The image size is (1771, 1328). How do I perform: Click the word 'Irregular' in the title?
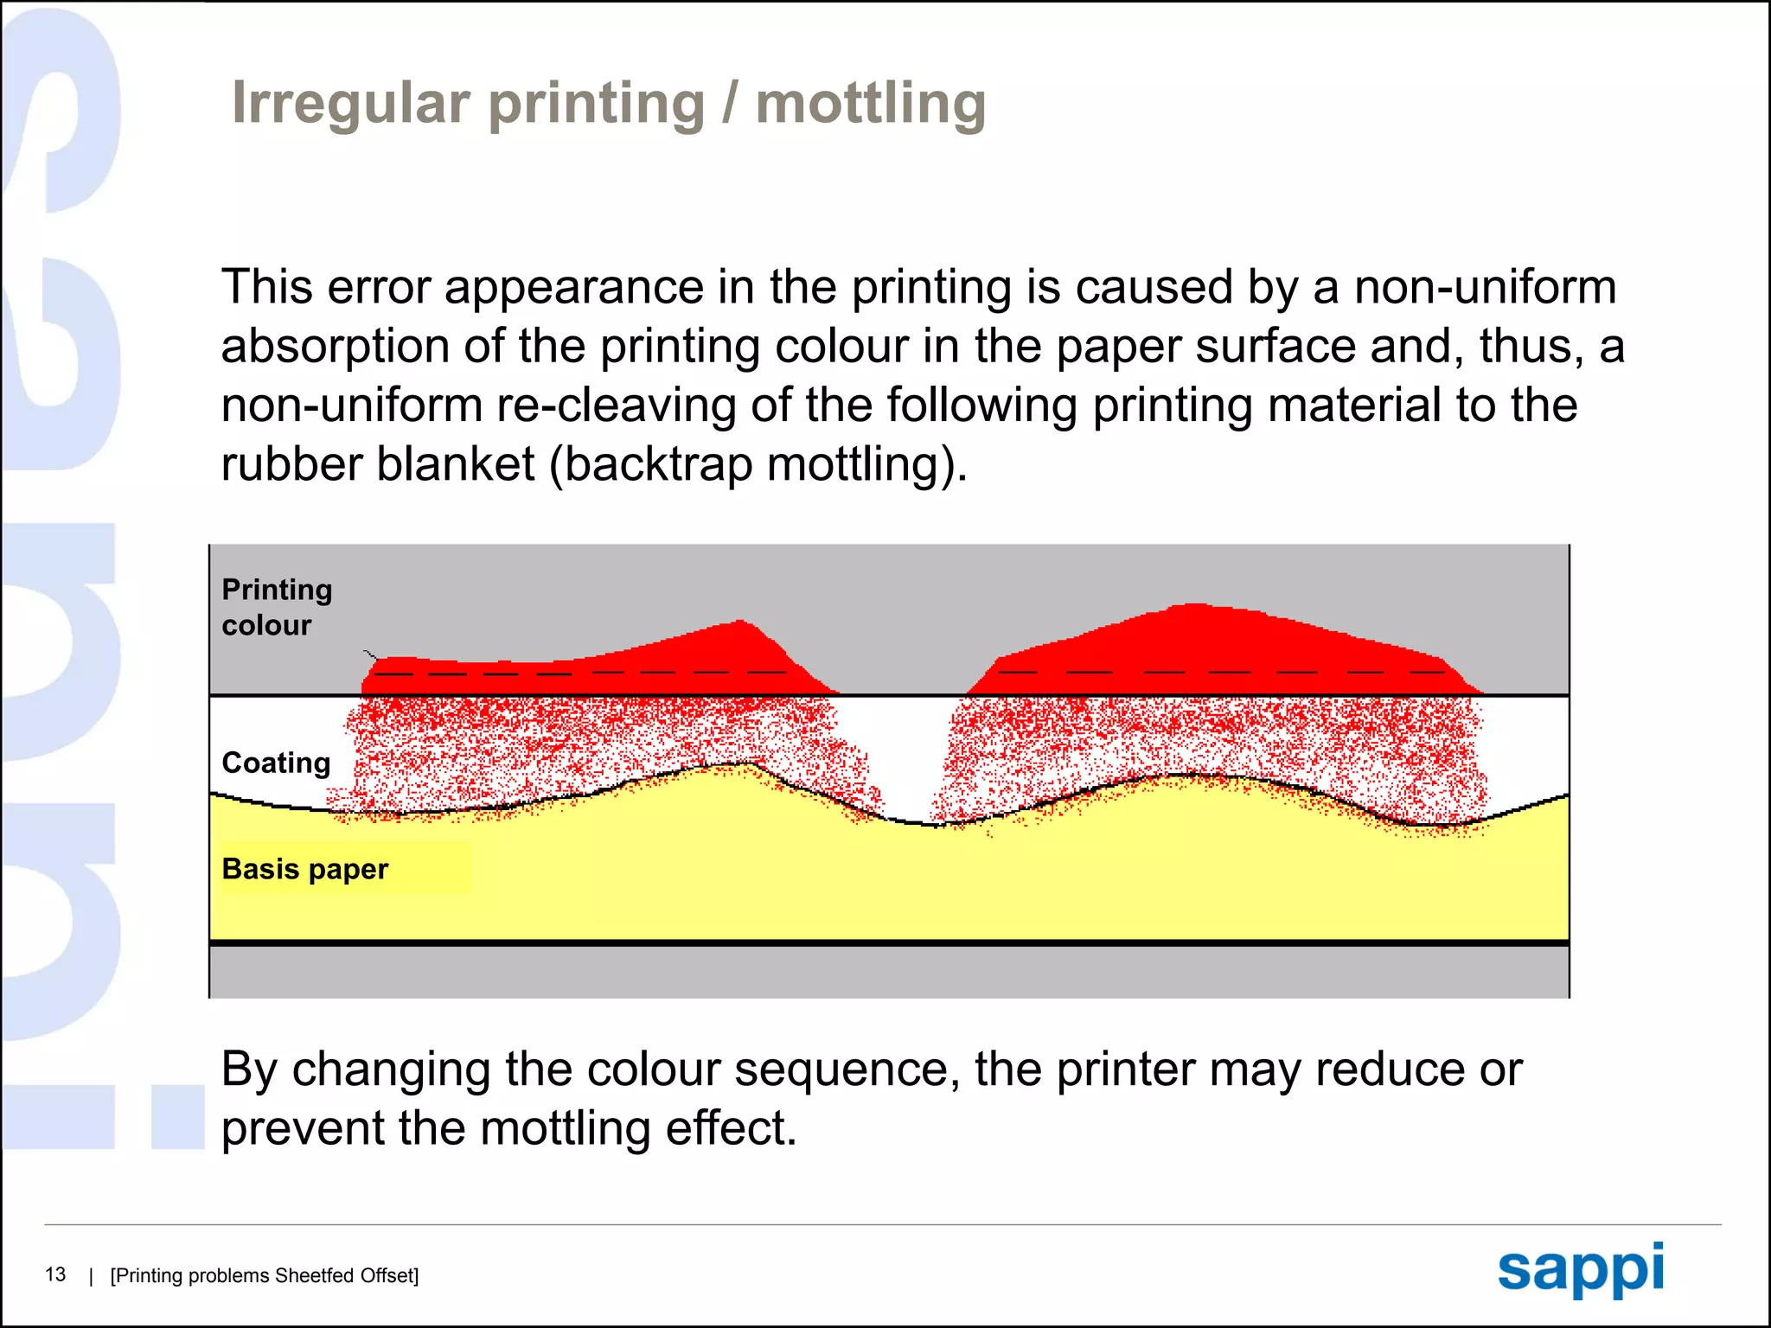click(x=350, y=104)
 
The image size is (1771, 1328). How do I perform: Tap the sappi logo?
click(x=1580, y=1269)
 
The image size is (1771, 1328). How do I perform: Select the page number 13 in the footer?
click(x=55, y=1274)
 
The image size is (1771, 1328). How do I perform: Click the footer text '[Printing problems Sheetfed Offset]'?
click(x=265, y=1275)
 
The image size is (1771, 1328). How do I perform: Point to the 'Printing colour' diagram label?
click(x=277, y=607)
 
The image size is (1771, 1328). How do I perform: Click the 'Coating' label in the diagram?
click(x=276, y=763)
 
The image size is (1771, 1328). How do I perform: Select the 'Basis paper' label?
click(x=304, y=869)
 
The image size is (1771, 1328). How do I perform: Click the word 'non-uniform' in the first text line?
click(x=1485, y=287)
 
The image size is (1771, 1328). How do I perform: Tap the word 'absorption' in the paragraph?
click(x=334, y=346)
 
